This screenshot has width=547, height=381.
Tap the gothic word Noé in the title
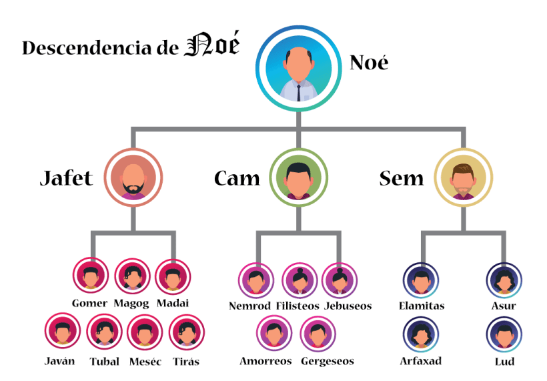[211, 47]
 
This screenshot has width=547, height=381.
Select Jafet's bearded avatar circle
[133, 177]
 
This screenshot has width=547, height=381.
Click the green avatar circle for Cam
[298, 177]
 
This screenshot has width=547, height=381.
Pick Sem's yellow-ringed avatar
[464, 177]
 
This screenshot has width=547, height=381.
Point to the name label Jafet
[66, 179]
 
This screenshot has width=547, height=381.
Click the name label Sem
[401, 179]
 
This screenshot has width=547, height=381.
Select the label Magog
[131, 304]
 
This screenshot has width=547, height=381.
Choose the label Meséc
[145, 362]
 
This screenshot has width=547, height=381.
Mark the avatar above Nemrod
[255, 280]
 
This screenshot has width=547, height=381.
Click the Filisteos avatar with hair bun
[300, 280]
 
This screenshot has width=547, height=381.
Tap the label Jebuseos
[348, 306]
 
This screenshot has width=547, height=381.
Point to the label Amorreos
[265, 362]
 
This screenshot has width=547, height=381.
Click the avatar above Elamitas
[421, 280]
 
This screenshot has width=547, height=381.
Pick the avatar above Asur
[504, 280]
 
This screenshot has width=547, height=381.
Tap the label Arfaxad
[421, 362]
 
